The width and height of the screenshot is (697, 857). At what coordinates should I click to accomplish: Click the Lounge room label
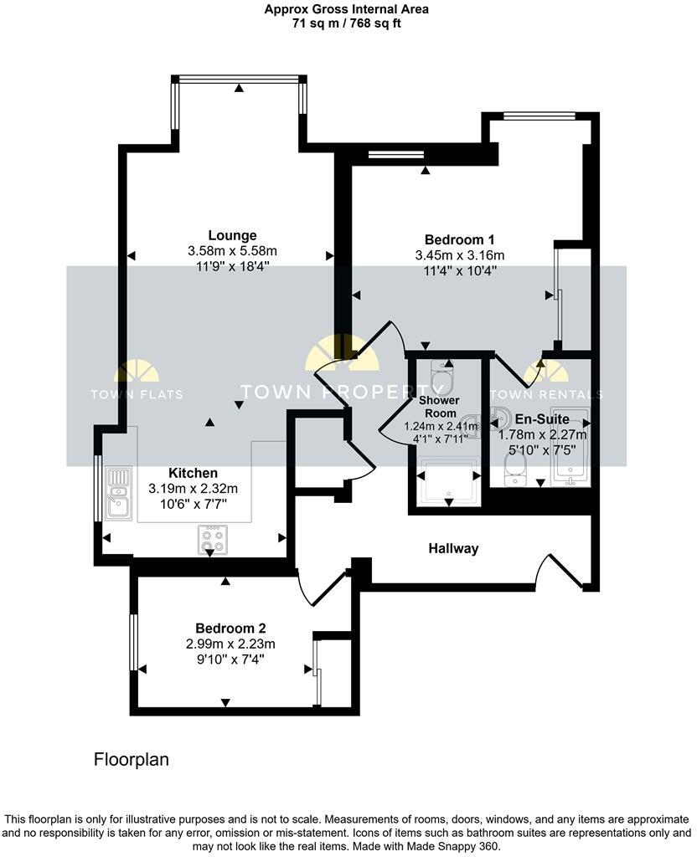click(232, 235)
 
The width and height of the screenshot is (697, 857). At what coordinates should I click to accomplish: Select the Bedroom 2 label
click(230, 628)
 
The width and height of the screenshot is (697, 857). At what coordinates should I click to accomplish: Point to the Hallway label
click(453, 549)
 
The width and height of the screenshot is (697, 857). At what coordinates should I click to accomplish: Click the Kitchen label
click(193, 473)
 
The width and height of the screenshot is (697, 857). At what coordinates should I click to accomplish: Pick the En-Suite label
click(543, 418)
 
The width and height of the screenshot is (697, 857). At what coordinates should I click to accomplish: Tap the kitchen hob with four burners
click(210, 539)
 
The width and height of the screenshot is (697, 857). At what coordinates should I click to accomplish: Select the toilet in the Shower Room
click(439, 377)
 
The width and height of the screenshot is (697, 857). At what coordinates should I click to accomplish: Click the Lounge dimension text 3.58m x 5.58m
click(232, 251)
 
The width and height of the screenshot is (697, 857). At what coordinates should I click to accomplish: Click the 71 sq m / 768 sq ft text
click(348, 24)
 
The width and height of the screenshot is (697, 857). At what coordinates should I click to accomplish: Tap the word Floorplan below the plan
click(131, 760)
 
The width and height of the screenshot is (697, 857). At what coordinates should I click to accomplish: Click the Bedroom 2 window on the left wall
click(133, 642)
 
